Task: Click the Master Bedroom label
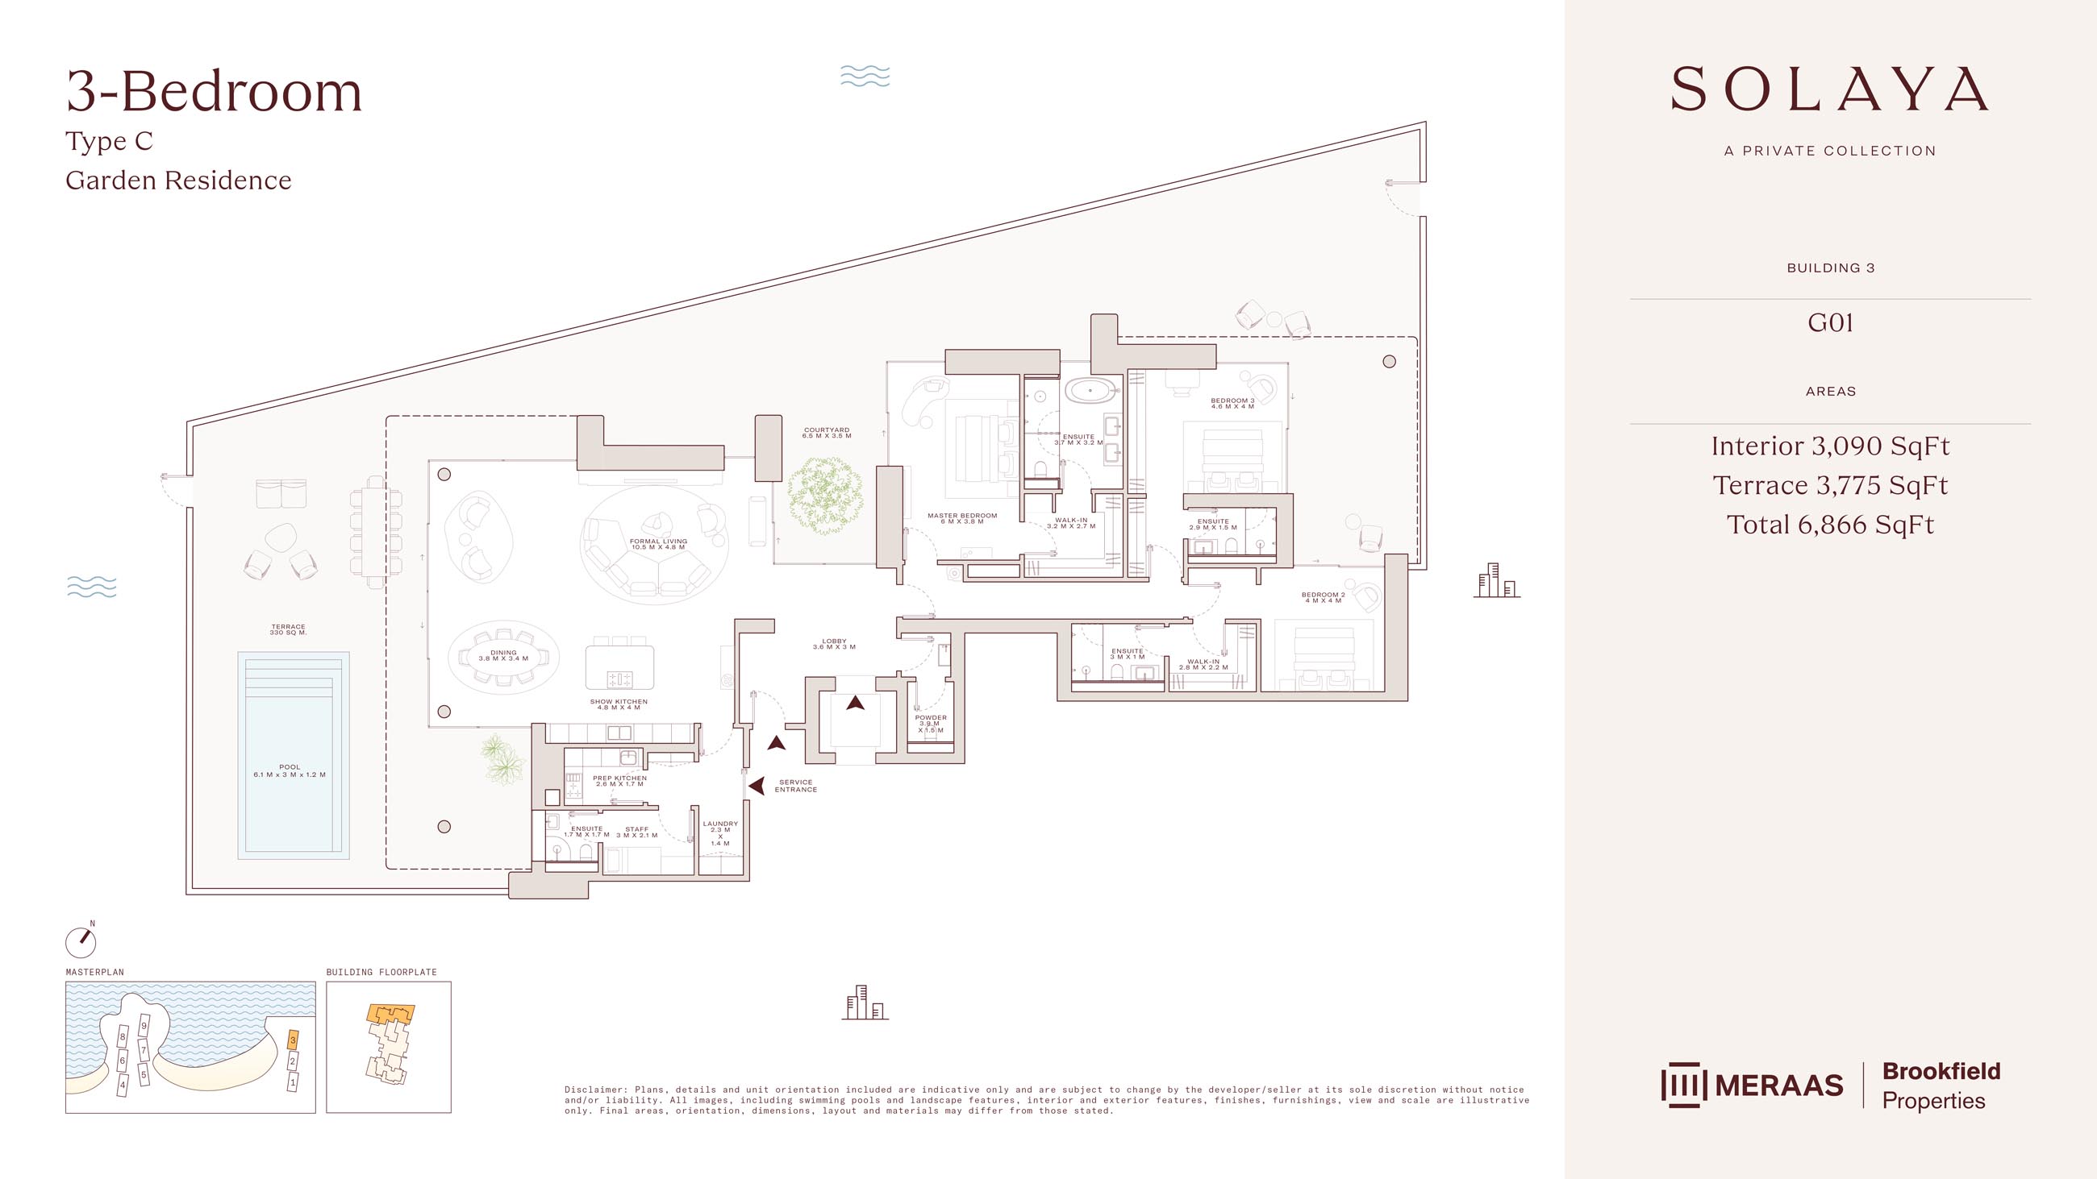point(962,518)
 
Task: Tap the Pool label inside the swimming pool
point(290,770)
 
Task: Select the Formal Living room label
point(659,543)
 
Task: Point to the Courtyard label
point(827,433)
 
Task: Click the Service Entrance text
point(796,786)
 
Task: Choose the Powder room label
point(931,724)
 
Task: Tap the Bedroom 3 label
point(1232,404)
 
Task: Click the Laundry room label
point(720,833)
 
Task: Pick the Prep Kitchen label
point(620,781)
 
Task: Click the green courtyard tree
point(825,495)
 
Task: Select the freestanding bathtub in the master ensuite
point(1093,392)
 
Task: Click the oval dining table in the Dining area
point(504,656)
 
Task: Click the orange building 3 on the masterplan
point(293,1039)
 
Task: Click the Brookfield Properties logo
point(1941,1086)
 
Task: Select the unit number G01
point(1830,323)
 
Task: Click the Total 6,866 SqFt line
point(1830,525)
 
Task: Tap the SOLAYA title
point(1830,89)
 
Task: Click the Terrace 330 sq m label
point(288,629)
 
